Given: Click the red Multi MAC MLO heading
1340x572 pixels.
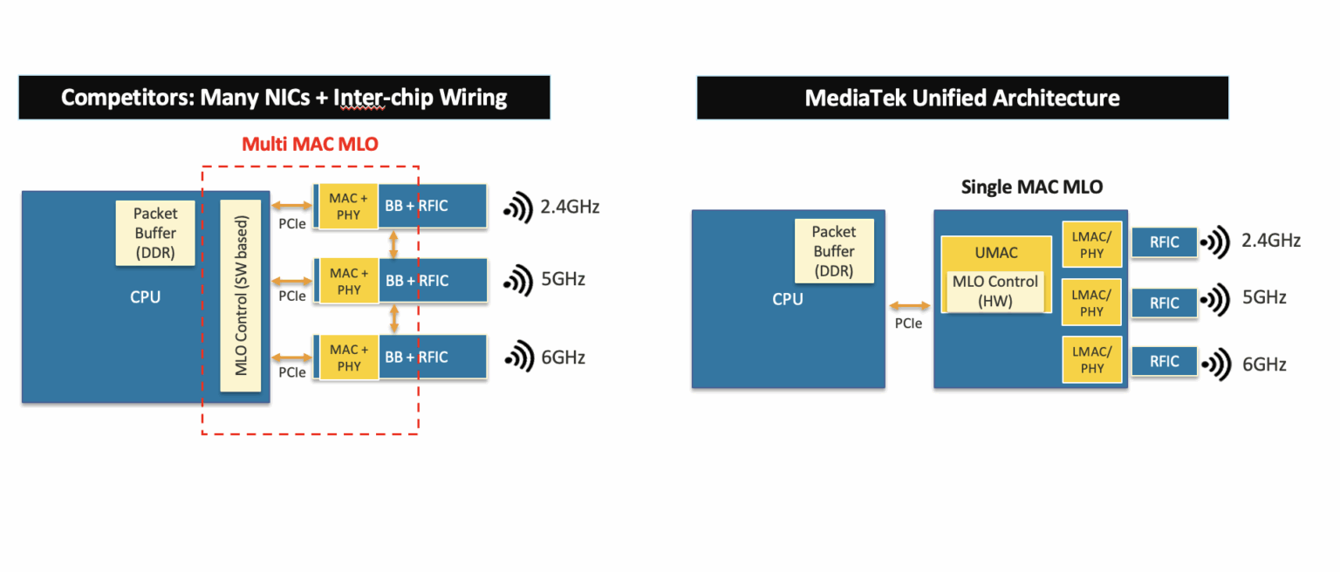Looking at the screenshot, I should click(310, 144).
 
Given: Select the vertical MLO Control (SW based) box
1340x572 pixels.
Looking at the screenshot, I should click(241, 296).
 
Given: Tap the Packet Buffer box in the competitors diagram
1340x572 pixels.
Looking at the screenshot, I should click(155, 233).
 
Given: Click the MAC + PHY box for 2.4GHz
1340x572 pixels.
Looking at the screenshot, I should click(348, 206).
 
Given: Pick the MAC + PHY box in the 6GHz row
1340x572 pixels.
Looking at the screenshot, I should click(348, 357).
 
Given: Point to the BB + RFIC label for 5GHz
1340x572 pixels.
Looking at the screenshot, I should click(417, 281).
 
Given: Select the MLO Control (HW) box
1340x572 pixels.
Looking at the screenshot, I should click(995, 290).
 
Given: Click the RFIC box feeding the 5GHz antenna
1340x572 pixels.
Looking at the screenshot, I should click(1164, 303).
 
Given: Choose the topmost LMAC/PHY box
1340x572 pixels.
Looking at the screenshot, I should click(1091, 243).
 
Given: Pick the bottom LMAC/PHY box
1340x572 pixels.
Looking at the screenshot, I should click(1091, 359).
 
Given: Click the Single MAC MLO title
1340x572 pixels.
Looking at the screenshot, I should click(1031, 187).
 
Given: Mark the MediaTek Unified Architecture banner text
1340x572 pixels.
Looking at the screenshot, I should click(961, 98).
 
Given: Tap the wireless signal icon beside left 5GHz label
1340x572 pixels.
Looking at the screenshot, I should click(518, 281).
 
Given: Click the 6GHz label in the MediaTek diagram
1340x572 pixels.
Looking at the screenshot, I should click(1264, 364).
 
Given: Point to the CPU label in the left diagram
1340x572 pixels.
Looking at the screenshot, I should click(145, 297).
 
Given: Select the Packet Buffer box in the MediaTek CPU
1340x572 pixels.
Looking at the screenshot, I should click(834, 251).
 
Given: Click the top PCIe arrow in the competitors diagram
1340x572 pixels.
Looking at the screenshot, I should click(292, 206).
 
